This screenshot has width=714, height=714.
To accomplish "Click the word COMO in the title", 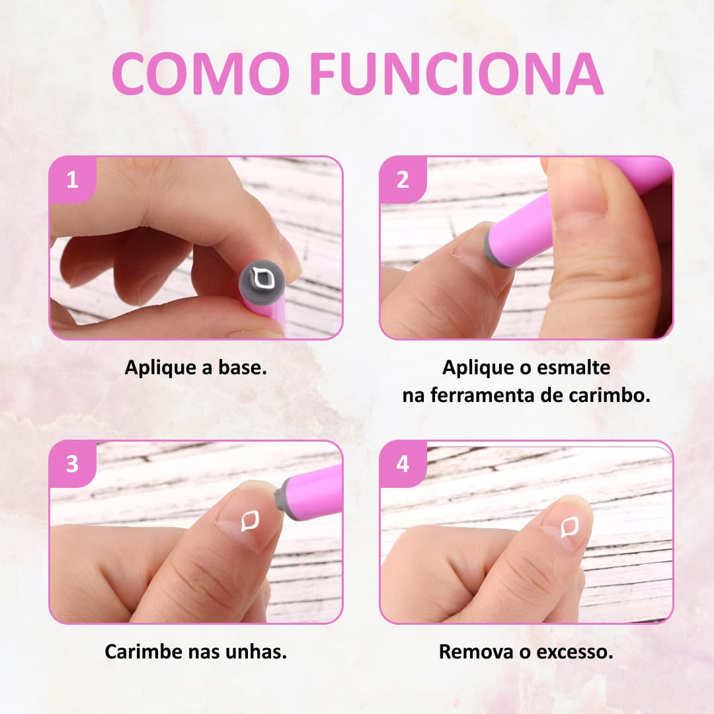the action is pos(201,73).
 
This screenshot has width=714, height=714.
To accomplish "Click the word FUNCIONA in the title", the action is pos(457,73).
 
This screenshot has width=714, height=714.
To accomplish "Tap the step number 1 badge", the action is pos(73,180).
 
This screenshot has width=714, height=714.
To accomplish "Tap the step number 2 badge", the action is pos(403,180).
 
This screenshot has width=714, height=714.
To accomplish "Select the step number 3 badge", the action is pos(73,464).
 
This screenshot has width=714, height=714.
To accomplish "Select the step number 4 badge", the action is pos(403,464).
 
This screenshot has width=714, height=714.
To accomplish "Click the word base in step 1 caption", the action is pos(241,367).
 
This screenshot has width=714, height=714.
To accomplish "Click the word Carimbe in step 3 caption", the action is pos(143,651).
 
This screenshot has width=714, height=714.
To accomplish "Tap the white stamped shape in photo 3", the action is pos(250,520).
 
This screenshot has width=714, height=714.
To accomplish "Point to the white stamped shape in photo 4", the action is pos(570,527).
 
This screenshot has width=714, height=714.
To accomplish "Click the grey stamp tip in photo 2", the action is pos(495,247).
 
